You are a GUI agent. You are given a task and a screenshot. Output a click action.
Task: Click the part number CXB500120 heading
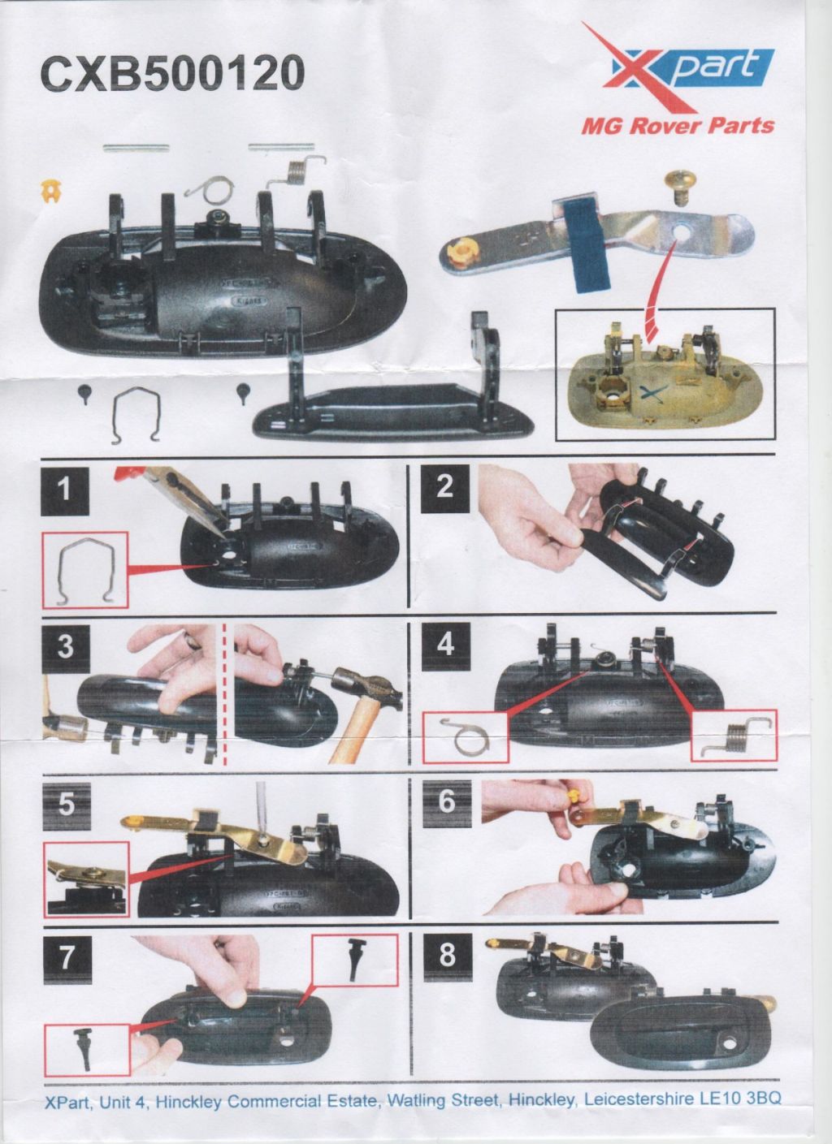coord(172,74)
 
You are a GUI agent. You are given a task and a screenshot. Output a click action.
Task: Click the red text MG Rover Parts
coord(678,126)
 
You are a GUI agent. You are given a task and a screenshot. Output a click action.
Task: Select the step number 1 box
coord(65,490)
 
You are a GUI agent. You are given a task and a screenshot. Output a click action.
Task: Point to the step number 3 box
coord(66,647)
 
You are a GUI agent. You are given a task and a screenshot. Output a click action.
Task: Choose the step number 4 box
coord(445,645)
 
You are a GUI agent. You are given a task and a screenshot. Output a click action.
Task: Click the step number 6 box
coord(447,803)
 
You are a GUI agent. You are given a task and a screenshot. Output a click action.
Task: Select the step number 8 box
coord(447,957)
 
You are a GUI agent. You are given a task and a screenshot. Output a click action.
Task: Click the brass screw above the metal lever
coord(678,188)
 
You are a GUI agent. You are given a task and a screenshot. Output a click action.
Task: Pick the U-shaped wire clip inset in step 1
coord(85,572)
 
